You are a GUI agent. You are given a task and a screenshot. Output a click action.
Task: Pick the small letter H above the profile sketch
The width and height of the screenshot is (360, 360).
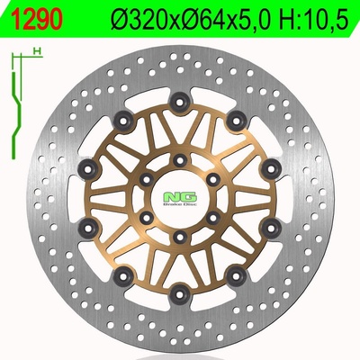[37, 51]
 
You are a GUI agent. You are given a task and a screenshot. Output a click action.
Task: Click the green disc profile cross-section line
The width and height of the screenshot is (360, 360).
[15, 115]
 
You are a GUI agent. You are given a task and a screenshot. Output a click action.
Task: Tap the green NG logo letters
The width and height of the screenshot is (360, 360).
[180, 197]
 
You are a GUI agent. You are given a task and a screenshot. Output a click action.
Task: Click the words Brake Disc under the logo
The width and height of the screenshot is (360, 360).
[180, 204]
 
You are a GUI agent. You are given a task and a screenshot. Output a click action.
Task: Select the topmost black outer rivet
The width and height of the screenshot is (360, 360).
[179, 103]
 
